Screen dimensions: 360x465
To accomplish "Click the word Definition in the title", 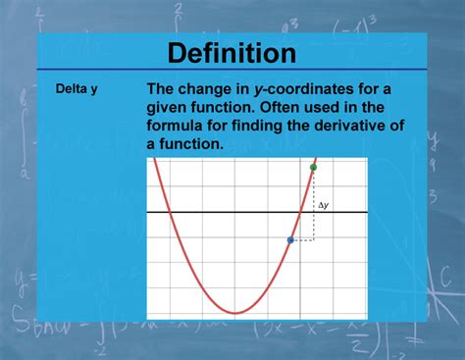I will [x=232, y=52].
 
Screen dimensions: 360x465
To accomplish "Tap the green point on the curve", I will [x=313, y=168].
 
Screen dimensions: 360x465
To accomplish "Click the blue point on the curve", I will [x=290, y=239].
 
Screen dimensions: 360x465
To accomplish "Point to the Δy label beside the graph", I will [x=324, y=206].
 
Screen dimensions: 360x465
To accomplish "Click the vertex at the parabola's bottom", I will [x=235, y=312].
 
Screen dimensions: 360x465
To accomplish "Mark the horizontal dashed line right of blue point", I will [x=302, y=239].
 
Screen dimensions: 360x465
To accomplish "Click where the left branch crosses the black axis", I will [x=170, y=212].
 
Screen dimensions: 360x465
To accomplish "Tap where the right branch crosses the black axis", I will [x=300, y=212].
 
